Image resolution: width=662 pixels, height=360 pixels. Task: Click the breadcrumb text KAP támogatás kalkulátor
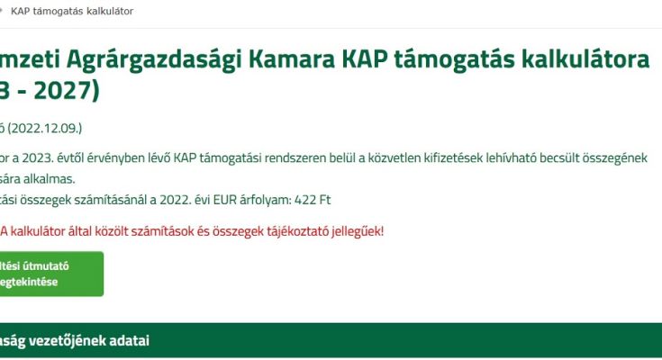point(72,12)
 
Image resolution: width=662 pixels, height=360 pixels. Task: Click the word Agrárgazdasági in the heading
point(154,58)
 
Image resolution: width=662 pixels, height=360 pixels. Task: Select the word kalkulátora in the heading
point(585,58)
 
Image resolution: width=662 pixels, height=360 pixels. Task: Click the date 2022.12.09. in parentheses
point(44,128)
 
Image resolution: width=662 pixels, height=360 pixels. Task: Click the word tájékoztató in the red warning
point(297,231)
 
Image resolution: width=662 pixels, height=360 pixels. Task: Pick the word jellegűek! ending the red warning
point(358,231)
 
